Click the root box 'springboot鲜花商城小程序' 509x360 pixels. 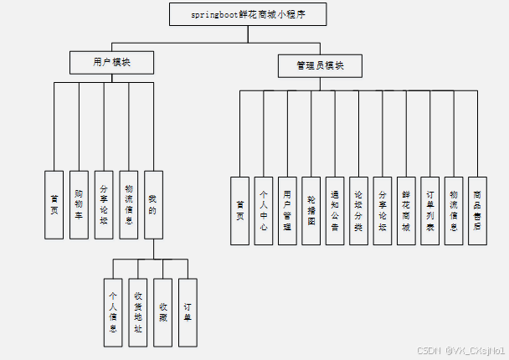pos(246,14)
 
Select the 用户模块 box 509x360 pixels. pos(111,61)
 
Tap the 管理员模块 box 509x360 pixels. pos(320,66)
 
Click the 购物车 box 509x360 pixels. pos(79,205)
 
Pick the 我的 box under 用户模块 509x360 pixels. pos(152,205)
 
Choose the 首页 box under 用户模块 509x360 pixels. pos(54,205)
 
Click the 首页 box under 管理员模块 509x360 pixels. pos(240,210)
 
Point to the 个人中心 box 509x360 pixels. pos(264,210)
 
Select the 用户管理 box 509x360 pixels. pos(287,210)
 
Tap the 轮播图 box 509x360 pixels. pos(311,210)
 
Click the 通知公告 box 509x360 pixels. pos(335,210)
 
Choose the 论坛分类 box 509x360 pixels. pos(358,210)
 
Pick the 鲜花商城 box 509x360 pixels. pos(406,210)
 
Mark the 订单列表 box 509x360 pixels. pos(429,210)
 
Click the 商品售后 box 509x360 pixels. pos(477,210)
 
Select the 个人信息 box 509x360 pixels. pos(114,312)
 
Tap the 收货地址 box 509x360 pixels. pos(138,312)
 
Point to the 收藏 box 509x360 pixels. pos(163,312)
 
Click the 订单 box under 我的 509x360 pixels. pos(188,312)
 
